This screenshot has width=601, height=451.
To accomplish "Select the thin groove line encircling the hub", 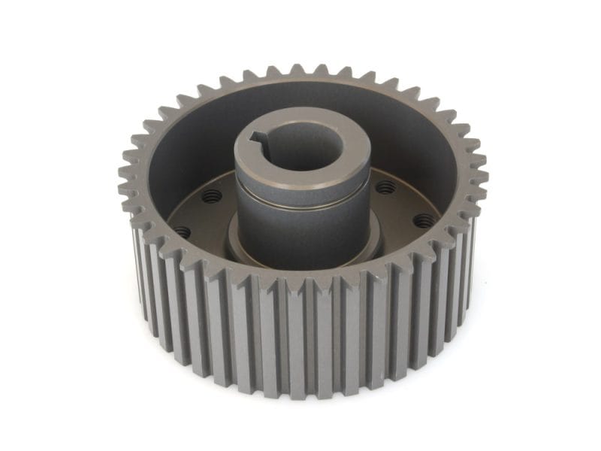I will tap(300, 197).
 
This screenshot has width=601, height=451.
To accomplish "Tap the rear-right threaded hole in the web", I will tap(385, 187).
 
